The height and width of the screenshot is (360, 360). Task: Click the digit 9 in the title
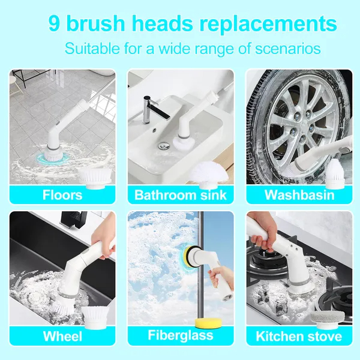tap(54, 23)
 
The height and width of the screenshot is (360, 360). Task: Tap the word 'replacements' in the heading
tap(268, 25)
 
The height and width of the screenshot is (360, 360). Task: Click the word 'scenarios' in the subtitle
tap(288, 49)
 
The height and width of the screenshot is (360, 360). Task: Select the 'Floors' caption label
tap(62, 195)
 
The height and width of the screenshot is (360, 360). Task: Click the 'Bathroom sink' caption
tap(181, 195)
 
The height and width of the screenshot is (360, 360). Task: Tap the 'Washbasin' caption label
tap(299, 195)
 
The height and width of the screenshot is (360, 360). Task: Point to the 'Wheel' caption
tap(62, 337)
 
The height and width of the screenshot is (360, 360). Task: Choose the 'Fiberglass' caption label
tap(181, 335)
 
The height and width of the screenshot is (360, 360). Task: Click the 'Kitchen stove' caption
tap(299, 337)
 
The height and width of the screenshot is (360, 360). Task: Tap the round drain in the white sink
tap(164, 145)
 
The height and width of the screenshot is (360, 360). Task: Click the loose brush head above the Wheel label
tap(95, 317)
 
